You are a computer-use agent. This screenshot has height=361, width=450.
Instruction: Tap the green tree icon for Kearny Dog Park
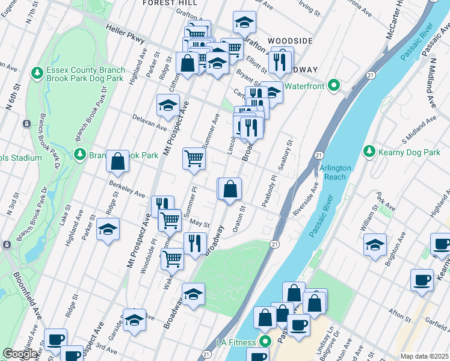click(370, 153)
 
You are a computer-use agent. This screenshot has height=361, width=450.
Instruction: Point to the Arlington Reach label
click(333, 172)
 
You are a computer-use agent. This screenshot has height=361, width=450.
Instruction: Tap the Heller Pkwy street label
click(125, 35)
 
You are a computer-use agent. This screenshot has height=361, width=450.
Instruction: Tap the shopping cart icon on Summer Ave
click(194, 159)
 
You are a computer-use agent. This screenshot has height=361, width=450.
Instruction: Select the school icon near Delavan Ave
click(168, 105)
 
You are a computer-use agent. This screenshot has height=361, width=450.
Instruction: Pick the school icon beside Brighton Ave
click(375, 245)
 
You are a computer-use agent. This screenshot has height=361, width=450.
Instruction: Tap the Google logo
click(20, 354)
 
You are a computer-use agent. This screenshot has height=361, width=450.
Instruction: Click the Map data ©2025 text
click(424, 356)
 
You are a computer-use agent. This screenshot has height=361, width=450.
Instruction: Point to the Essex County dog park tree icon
click(37, 73)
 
